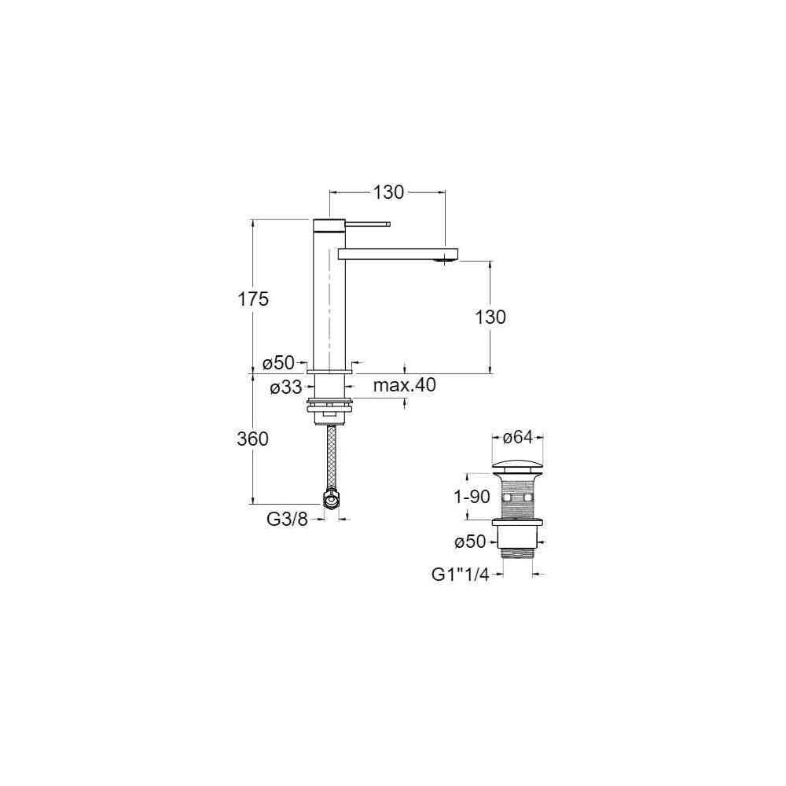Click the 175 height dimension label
tap(253, 299)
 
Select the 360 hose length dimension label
tap(252, 439)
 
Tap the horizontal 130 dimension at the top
tap(388, 192)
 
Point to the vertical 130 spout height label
tap(490, 318)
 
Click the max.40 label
tap(405, 385)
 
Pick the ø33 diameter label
tap(286, 387)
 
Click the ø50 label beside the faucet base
tap(279, 362)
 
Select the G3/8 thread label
tap(287, 520)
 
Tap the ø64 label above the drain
tap(517, 437)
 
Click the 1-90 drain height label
tap(472, 497)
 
